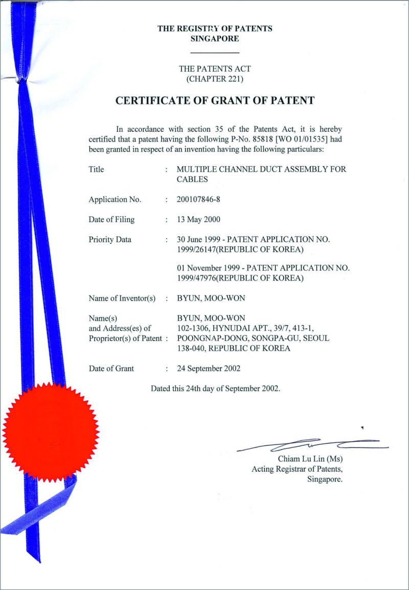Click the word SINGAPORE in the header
(x=214, y=38)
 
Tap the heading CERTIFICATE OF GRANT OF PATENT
(x=215, y=100)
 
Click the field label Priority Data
(x=110, y=239)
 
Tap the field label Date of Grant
(x=111, y=368)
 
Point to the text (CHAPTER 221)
(x=215, y=79)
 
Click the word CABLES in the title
(x=192, y=179)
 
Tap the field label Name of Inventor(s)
(x=122, y=298)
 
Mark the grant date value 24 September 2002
(x=209, y=368)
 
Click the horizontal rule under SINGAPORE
(x=215, y=53)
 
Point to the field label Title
(x=96, y=169)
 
